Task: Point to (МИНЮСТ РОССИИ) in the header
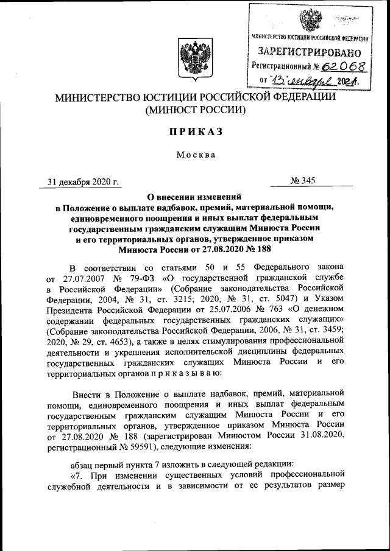pyautogui.click(x=195, y=110)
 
